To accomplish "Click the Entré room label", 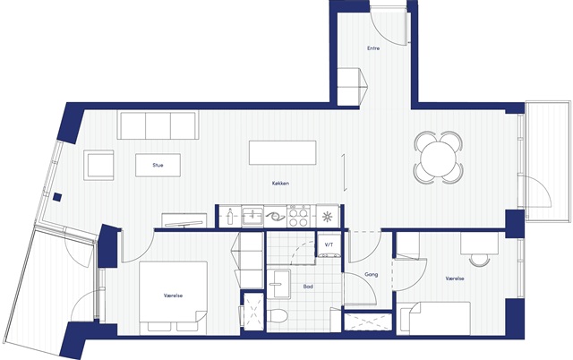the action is coord(373,47).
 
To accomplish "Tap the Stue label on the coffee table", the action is coord(158,165).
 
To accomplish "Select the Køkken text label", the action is coord(280,183).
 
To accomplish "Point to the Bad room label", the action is coord(308,287).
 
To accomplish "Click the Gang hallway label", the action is coord(372,274).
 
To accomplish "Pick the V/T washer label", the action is coord(329,244).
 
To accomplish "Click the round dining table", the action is coord(438,158).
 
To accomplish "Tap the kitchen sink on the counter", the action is coord(252,217).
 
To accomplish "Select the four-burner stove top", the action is coord(298,216).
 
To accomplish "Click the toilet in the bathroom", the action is coord(277,315).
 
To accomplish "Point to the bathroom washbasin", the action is coord(278,285).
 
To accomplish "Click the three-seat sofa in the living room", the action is coord(158,125).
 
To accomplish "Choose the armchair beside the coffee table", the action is coord(98,165).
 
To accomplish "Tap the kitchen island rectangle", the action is coord(283,152).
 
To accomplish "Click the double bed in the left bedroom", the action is coord(173,296).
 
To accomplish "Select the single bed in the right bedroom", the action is coord(434,318).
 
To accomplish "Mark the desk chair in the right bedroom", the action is coord(479,260).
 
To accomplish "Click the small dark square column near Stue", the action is coord(56,197).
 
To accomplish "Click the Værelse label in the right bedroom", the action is coord(455,279).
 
